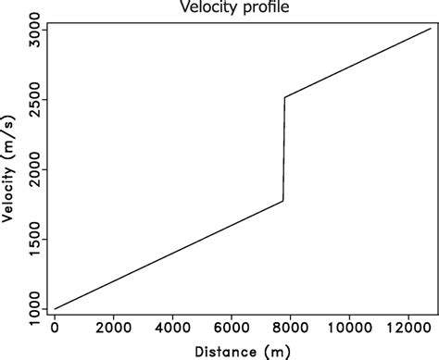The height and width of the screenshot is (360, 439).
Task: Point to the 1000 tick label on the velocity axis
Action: [31, 308]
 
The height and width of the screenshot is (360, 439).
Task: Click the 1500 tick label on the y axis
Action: [31, 239]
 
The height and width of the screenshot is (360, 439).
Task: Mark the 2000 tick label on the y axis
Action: [31, 169]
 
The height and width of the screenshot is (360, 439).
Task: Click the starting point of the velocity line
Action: [55, 308]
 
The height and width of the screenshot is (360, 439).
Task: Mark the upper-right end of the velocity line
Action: [431, 28]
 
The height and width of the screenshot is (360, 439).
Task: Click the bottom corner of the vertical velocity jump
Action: [283, 201]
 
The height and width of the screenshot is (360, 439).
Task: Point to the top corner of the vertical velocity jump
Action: [284, 97]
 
